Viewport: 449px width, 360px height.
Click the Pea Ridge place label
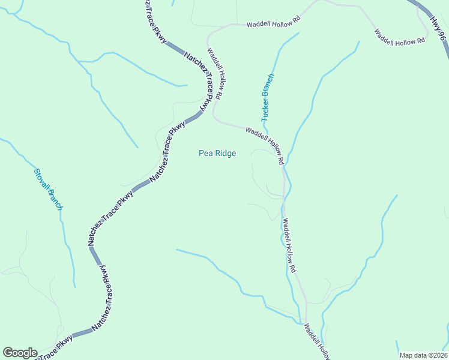pos(217,154)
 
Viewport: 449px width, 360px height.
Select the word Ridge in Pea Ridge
pos(225,154)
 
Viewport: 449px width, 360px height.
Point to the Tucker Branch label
pos(267,98)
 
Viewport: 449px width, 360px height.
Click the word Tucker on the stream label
pos(265,109)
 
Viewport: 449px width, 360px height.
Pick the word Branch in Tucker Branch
pos(269,86)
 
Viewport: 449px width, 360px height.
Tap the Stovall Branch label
pos(48,189)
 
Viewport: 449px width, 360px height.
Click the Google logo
pos(20,353)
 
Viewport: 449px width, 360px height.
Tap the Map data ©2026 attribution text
pos(423,355)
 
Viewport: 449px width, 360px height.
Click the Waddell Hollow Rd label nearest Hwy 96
pos(399,37)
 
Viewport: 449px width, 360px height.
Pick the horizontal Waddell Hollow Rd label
pos(273,24)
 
